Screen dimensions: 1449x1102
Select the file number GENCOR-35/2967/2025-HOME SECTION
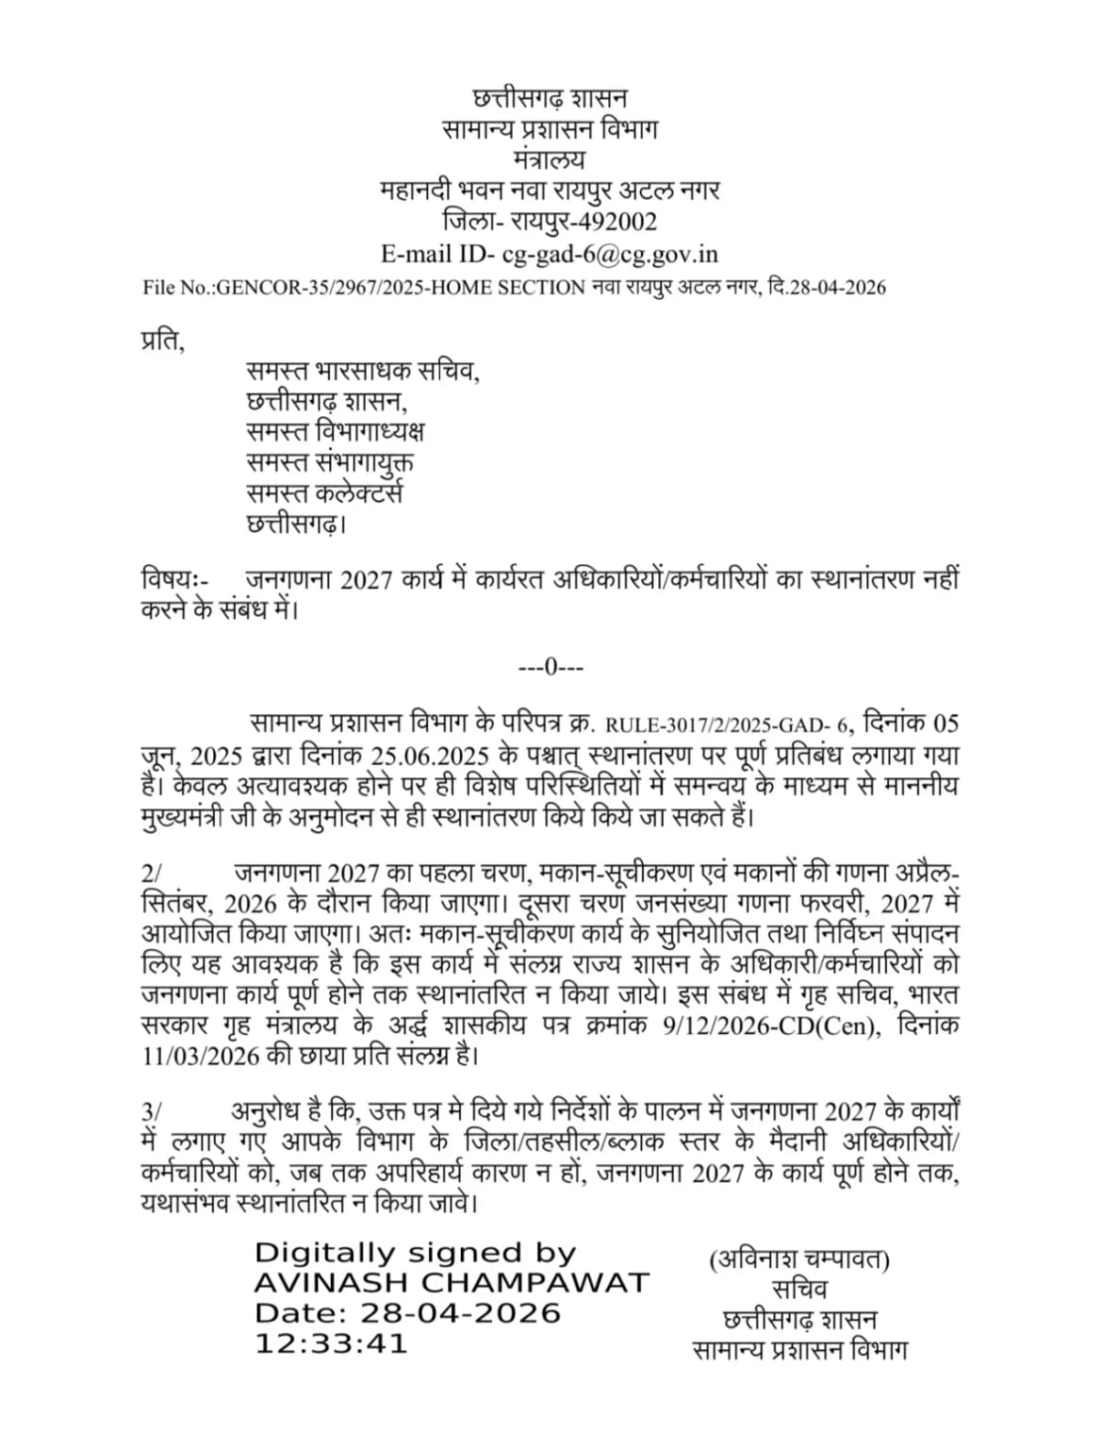364,288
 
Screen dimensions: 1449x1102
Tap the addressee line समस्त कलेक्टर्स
325,492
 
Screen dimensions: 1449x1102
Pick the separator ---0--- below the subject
551,668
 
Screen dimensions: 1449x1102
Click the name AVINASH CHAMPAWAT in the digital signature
452,1283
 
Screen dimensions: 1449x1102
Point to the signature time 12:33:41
330,1343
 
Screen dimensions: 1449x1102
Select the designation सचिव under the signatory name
798,1289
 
